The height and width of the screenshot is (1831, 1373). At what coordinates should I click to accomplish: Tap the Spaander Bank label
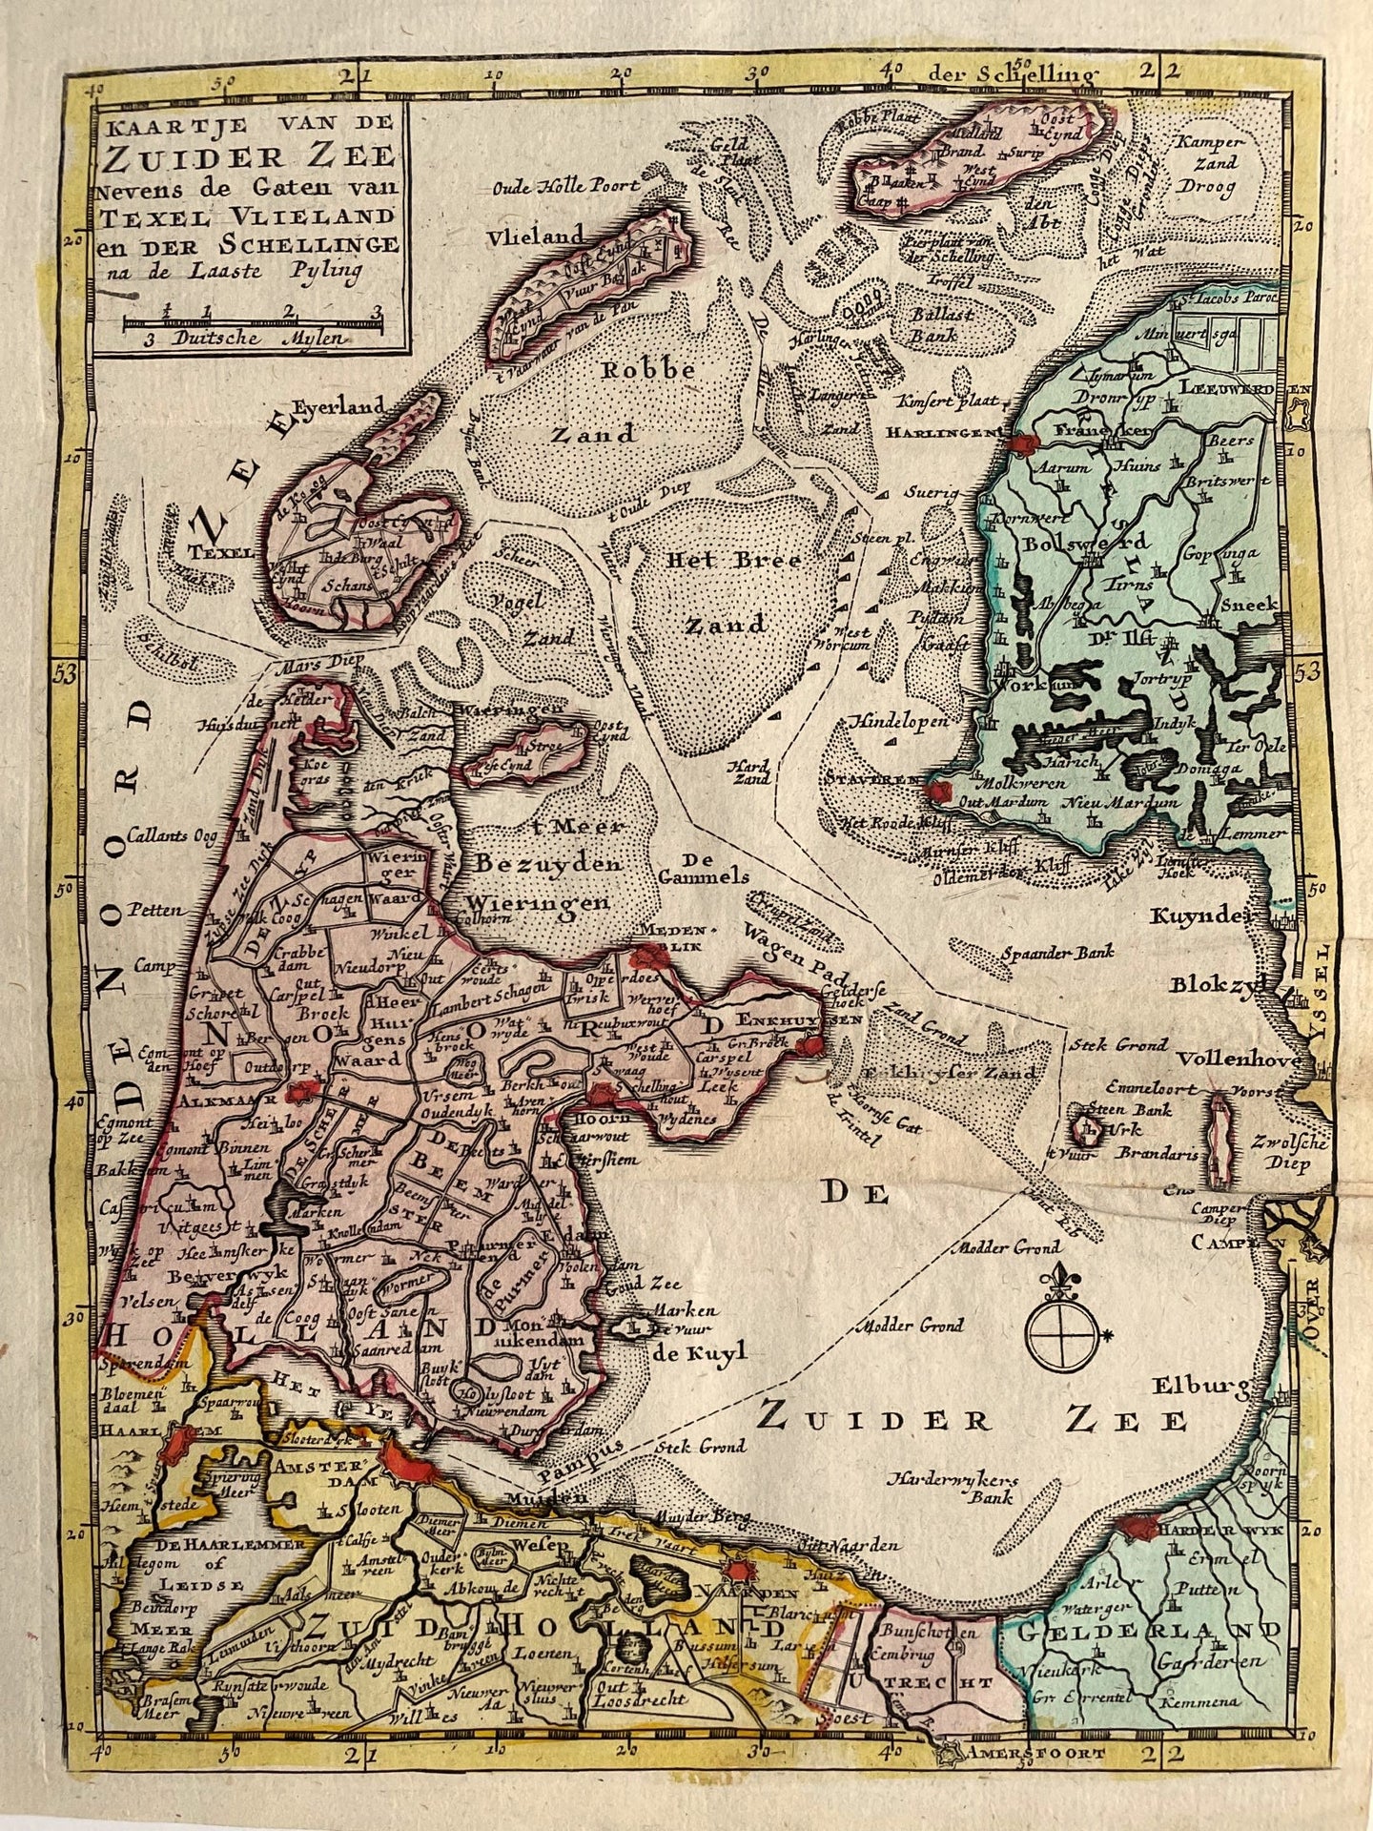[x=1058, y=952]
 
